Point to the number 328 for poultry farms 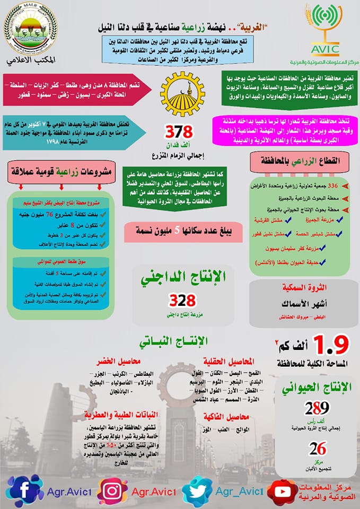[182, 301]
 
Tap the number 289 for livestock [317, 408]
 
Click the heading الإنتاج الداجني [183, 276]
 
